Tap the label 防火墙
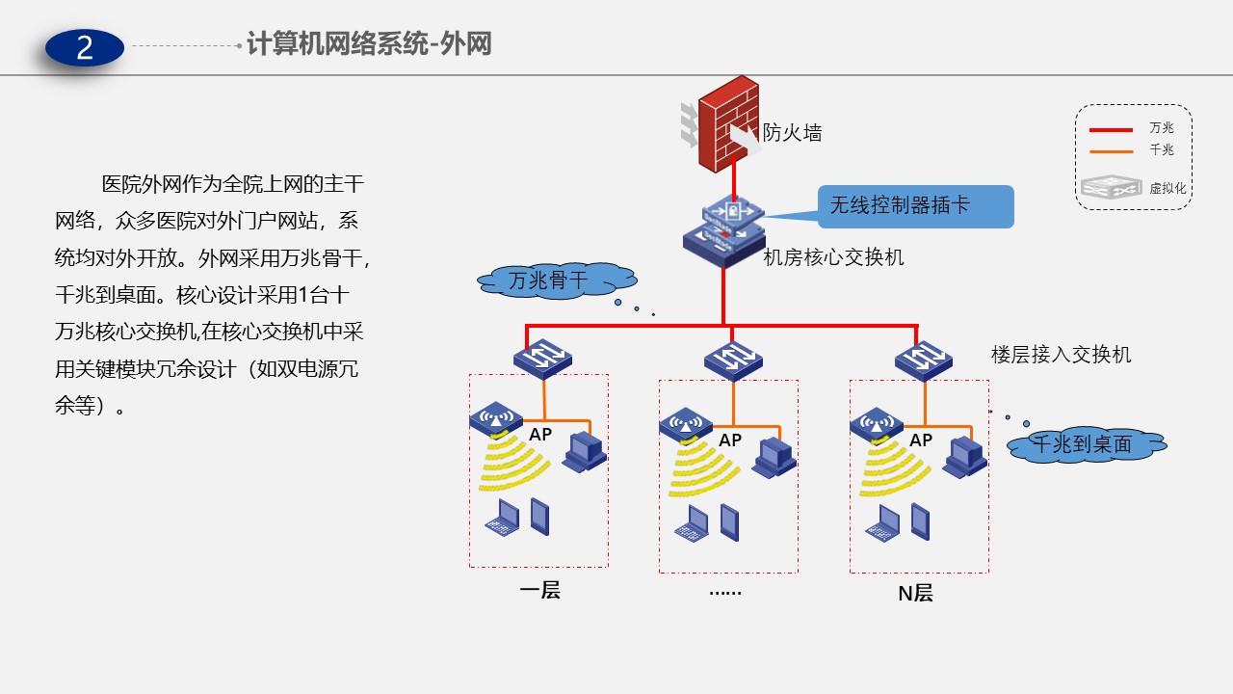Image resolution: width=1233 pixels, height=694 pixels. (793, 133)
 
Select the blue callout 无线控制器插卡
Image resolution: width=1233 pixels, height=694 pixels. (915, 206)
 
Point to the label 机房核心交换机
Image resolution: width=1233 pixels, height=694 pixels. (834, 257)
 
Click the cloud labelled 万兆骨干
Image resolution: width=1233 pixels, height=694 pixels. (557, 280)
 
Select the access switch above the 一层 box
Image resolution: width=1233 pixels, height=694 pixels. (542, 360)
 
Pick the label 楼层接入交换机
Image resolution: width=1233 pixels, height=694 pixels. (1062, 355)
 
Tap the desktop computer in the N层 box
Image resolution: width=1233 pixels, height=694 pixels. (963, 456)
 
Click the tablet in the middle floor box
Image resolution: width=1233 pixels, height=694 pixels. (729, 521)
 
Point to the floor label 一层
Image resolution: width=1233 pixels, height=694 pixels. (539, 590)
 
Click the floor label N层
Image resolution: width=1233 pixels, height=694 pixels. (915, 593)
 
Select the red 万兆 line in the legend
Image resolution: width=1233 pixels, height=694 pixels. (1110, 129)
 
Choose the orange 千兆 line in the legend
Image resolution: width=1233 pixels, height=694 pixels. (1110, 151)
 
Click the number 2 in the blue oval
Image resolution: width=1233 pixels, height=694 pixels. (85, 47)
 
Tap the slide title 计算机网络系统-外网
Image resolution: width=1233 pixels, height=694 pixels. (369, 44)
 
